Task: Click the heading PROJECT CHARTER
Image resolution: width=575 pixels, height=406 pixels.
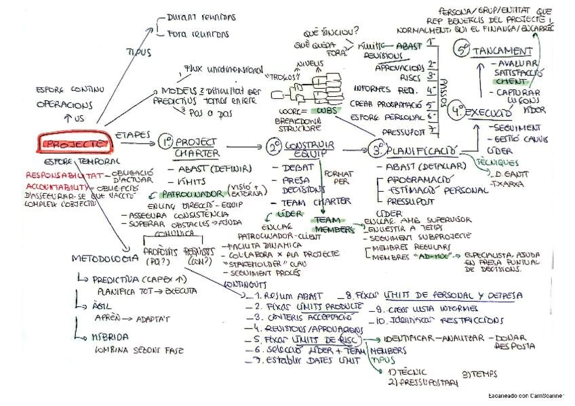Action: point(196,148)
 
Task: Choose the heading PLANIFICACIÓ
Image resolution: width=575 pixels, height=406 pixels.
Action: point(430,149)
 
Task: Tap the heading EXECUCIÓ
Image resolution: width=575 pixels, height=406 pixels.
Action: point(490,112)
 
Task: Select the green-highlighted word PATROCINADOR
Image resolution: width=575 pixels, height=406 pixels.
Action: point(184,194)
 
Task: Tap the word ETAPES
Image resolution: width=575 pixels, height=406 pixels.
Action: point(133,135)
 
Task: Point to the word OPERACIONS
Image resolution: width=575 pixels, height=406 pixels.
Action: point(64,105)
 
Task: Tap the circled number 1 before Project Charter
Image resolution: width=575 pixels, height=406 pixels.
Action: point(165,142)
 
